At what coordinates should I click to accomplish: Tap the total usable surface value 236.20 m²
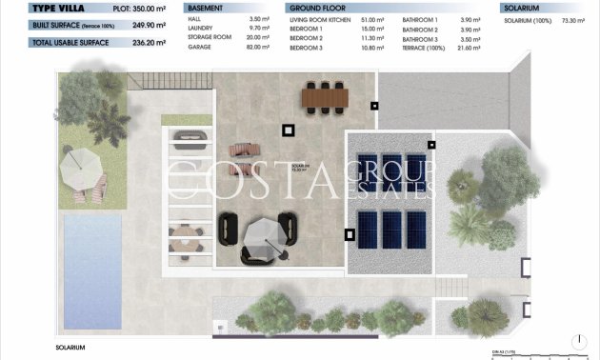142,42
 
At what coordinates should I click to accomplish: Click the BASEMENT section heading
207,7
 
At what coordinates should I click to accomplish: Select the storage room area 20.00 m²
257,37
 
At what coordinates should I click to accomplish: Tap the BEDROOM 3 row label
306,47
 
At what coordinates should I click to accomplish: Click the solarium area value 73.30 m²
575,18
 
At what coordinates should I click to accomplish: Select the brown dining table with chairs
324,96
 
